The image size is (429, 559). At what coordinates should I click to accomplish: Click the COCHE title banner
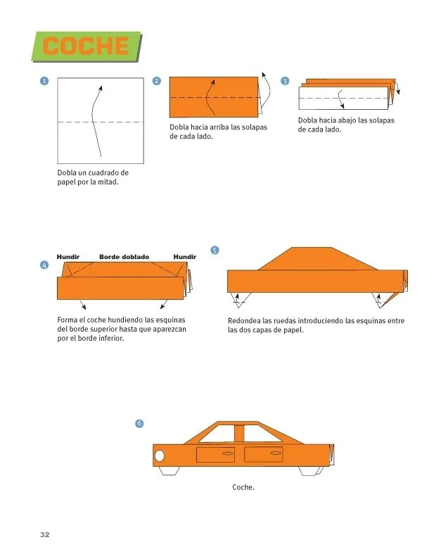(x=87, y=46)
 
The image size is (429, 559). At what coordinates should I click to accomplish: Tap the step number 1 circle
(x=44, y=82)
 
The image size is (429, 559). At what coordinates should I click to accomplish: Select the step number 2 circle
(x=156, y=82)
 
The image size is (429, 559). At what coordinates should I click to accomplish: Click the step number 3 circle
(x=285, y=82)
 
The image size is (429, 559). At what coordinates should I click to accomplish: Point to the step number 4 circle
(x=44, y=265)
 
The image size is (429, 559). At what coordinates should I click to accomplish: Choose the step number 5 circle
(x=214, y=249)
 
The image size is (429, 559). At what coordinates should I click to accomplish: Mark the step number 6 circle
(x=139, y=423)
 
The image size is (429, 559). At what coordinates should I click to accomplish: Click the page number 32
(x=44, y=535)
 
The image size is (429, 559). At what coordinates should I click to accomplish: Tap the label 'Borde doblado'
(x=124, y=257)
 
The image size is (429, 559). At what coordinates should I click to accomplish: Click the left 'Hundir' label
(x=68, y=257)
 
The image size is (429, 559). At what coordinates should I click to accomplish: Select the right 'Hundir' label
(x=184, y=257)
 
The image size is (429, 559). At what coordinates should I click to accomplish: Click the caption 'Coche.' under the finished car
(x=243, y=486)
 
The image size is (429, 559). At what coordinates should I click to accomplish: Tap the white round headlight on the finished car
(x=160, y=456)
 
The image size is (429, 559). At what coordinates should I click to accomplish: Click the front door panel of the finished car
(x=216, y=455)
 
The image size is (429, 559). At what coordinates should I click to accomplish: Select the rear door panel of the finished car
(x=263, y=455)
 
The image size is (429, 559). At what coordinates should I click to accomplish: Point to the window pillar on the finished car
(x=240, y=434)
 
